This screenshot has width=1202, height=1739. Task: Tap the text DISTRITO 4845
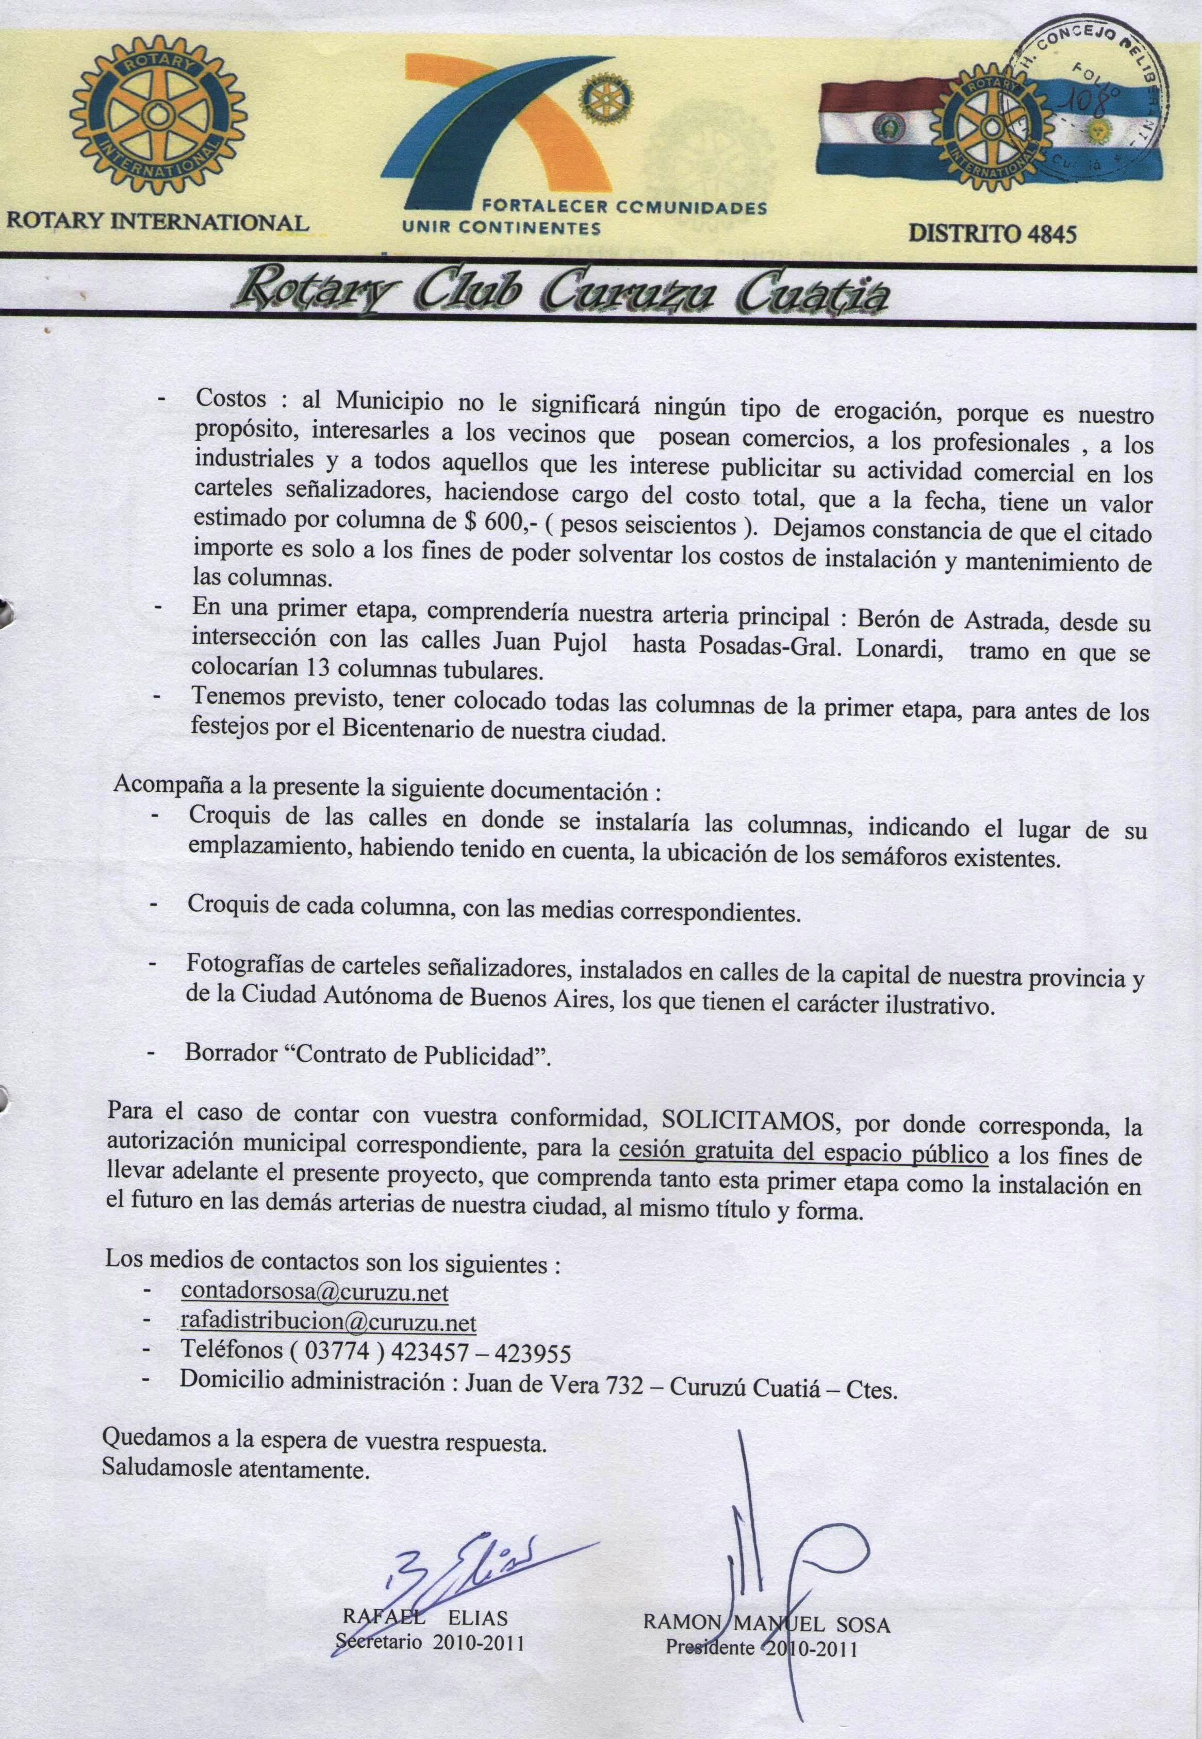pyautogui.click(x=992, y=233)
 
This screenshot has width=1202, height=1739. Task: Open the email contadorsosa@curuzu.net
pyautogui.click(x=314, y=1292)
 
